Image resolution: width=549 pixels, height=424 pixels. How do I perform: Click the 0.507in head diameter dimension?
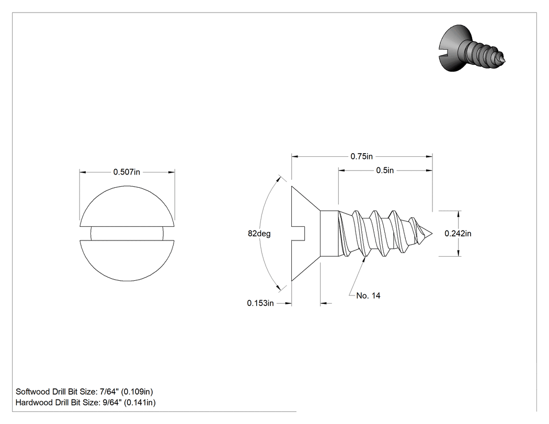pyautogui.click(x=127, y=172)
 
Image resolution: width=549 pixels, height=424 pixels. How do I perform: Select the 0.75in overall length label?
pyautogui.click(x=362, y=156)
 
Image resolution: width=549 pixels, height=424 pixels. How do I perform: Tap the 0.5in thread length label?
pyautogui.click(x=385, y=170)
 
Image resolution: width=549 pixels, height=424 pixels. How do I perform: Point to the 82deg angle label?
pyautogui.click(x=259, y=234)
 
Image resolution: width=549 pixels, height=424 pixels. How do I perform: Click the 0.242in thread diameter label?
pyautogui.click(x=458, y=234)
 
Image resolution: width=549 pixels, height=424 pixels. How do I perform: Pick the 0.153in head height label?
pyautogui.click(x=260, y=303)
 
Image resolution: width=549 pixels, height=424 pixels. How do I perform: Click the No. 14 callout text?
pyautogui.click(x=368, y=296)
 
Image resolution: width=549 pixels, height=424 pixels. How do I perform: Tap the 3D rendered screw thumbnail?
pyautogui.click(x=472, y=49)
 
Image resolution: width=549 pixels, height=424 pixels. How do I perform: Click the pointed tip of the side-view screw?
pyautogui.click(x=432, y=234)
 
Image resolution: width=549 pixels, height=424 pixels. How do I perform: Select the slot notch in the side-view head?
pyautogui.click(x=299, y=234)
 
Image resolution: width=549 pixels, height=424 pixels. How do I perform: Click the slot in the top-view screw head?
pyautogui.click(x=127, y=234)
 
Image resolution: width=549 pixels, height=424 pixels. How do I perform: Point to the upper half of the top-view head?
pyautogui.click(x=127, y=207)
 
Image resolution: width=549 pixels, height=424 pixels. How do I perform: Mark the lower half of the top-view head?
pyautogui.click(x=127, y=260)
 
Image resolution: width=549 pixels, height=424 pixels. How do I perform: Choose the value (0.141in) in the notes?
pyautogui.click(x=140, y=403)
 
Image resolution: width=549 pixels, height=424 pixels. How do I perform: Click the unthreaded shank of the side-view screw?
pyautogui.click(x=329, y=234)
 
